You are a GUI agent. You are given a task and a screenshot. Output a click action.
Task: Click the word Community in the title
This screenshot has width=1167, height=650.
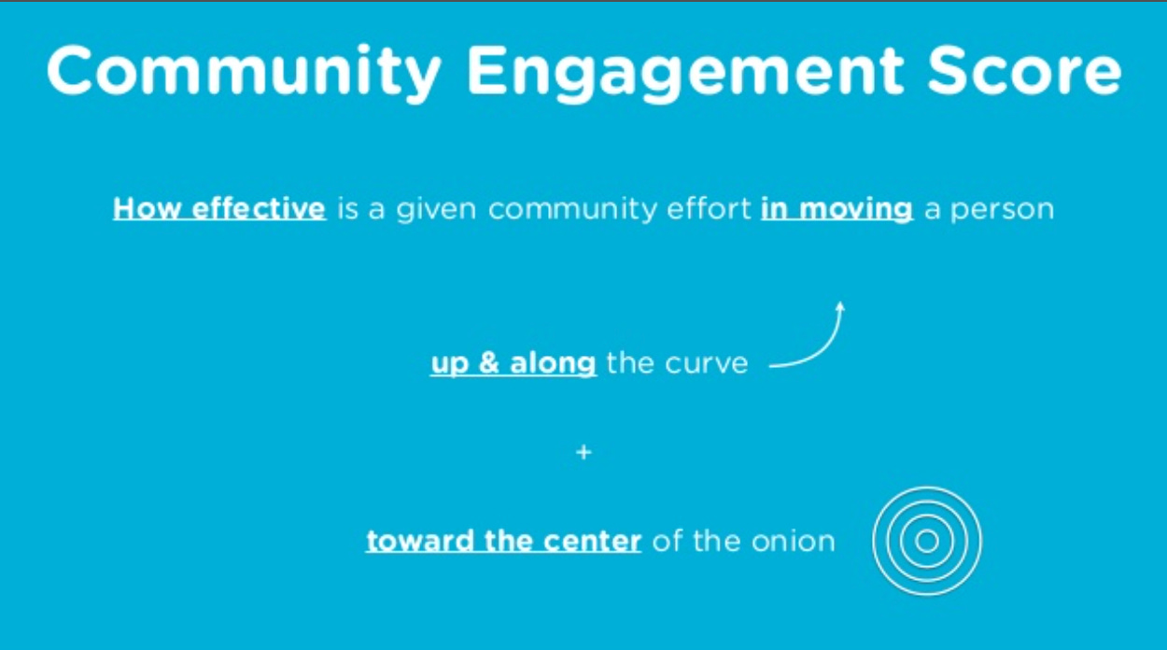point(244,72)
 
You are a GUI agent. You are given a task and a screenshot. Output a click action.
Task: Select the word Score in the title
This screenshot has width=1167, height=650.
point(1024,71)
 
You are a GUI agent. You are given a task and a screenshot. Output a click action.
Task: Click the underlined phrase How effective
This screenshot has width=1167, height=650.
point(219,209)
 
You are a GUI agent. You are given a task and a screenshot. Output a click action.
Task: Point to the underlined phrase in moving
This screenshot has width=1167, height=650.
point(837,209)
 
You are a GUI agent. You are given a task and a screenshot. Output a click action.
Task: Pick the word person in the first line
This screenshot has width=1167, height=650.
point(1003,210)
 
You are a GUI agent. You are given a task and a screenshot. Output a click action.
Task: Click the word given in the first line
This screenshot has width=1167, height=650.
point(437,209)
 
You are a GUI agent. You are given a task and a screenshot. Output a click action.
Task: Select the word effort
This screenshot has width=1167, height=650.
point(709,208)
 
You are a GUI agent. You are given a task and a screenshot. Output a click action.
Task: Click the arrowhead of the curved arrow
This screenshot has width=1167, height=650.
point(840,307)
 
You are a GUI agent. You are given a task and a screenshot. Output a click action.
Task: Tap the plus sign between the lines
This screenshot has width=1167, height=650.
point(583,452)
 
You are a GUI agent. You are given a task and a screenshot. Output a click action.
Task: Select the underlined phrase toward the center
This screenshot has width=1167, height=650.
point(503,541)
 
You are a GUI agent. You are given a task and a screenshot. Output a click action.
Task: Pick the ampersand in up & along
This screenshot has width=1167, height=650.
point(488,362)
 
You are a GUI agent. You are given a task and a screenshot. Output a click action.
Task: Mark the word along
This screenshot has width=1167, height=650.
point(554,364)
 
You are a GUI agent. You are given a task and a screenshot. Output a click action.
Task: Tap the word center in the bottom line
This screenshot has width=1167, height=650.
point(592,542)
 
